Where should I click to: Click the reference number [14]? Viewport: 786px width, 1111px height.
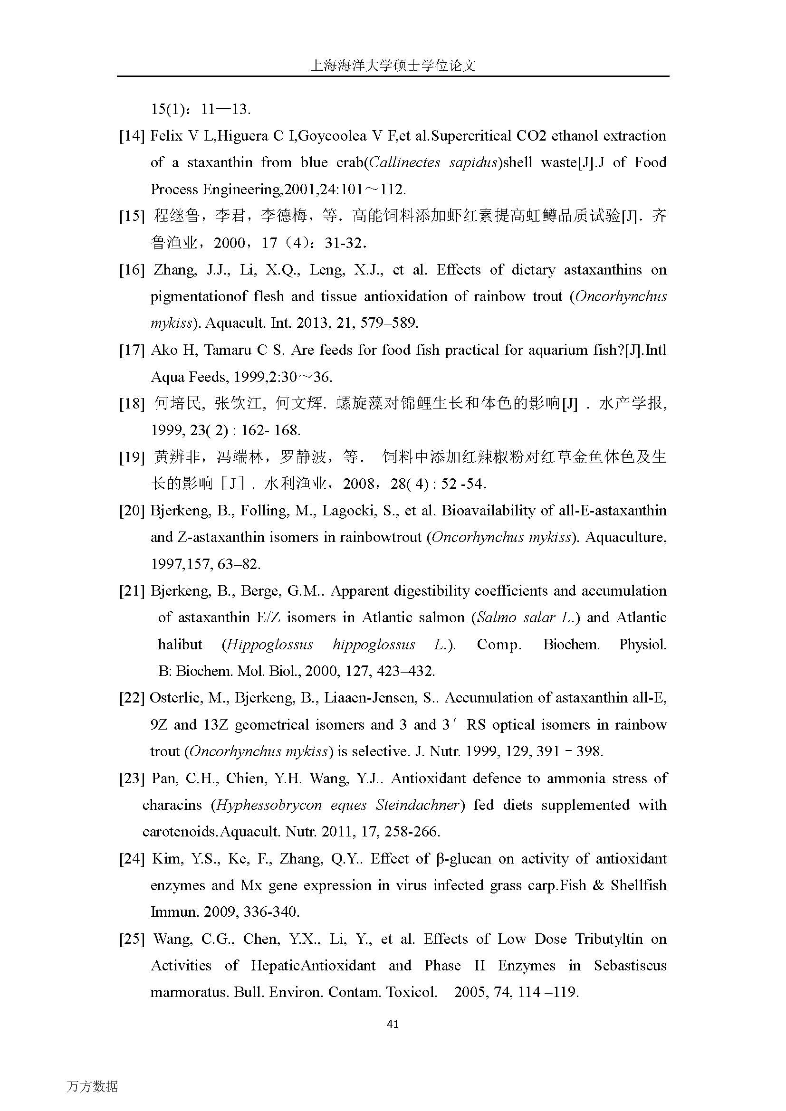point(132,136)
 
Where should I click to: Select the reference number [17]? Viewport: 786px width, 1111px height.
point(132,351)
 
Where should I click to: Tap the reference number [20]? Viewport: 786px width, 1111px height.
point(132,511)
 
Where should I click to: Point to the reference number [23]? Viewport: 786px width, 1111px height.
point(132,779)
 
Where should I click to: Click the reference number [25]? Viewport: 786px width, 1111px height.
point(132,939)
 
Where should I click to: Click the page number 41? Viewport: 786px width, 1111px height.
point(393,1024)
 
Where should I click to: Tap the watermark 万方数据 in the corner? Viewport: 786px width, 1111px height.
point(92,1087)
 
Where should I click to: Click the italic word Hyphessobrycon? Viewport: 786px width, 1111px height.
point(268,805)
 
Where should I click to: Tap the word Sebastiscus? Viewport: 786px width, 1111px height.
point(630,966)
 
